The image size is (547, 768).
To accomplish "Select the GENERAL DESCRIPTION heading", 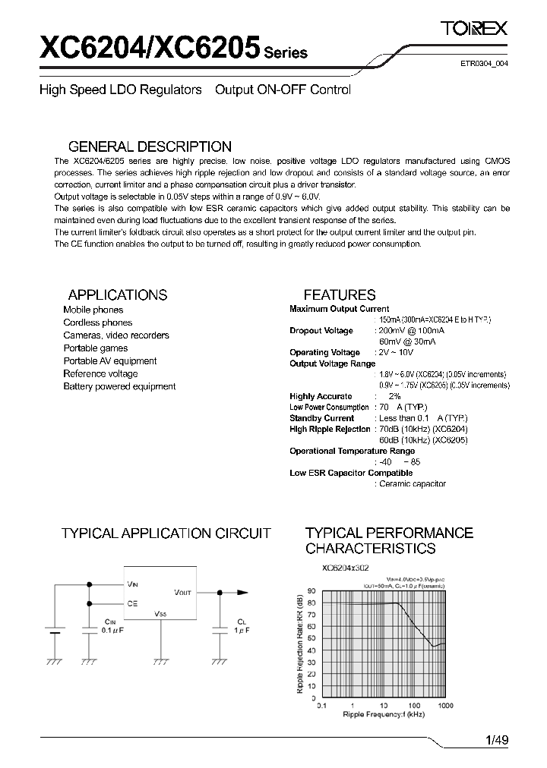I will coord(150,146).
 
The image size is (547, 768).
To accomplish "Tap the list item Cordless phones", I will coord(97,323).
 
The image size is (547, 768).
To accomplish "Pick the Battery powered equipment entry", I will coord(119,386).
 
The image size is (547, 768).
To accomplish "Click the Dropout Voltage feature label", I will coord(321,331).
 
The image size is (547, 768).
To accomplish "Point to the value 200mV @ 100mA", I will coord(412,331).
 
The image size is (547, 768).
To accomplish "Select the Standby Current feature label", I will coord(321,418).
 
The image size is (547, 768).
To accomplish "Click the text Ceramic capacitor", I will coord(412,483).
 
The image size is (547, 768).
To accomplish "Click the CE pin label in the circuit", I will coord(132,603).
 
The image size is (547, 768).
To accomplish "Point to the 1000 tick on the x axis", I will coord(445,705).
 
